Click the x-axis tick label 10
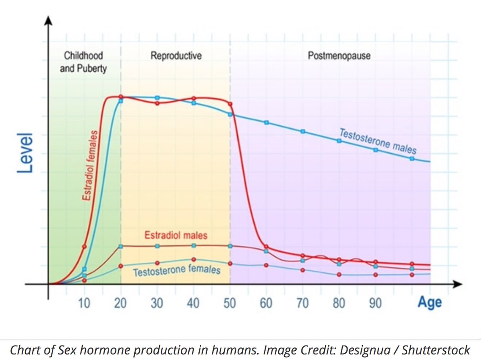click(84, 303)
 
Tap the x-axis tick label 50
click(230, 303)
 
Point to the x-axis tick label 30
click(157, 303)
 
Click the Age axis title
click(429, 302)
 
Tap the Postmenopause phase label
click(339, 56)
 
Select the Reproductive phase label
click(176, 56)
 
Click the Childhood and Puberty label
click(83, 62)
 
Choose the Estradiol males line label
click(176, 235)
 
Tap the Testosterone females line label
click(176, 270)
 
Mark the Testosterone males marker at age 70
click(303, 131)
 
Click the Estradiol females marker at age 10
click(84, 246)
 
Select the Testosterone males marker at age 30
click(157, 98)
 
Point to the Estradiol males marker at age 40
click(194, 245)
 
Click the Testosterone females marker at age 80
click(339, 275)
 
